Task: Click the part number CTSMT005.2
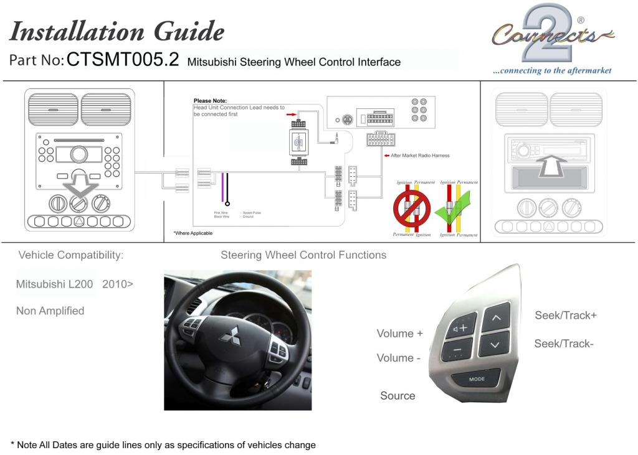point(123,60)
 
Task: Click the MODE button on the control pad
point(477,378)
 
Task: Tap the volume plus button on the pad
point(461,327)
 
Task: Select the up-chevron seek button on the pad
point(496,318)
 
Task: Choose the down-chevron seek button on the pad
point(494,344)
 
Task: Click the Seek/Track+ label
point(565,316)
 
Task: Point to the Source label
point(398,396)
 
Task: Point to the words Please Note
point(210,101)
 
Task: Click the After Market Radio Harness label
point(419,156)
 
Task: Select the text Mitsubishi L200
point(54,284)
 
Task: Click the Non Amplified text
point(50,311)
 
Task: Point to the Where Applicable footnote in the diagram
point(193,233)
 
